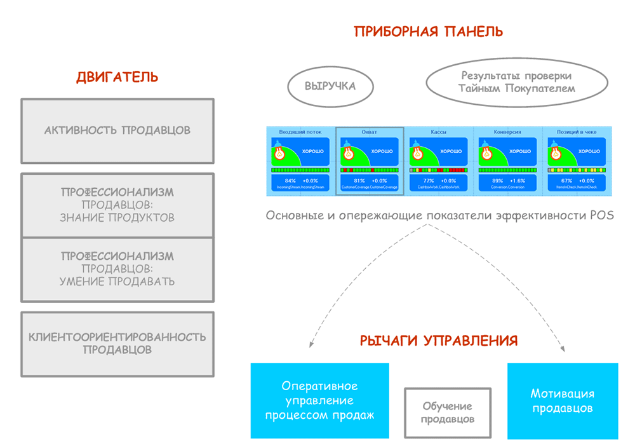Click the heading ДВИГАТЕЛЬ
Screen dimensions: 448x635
(x=117, y=78)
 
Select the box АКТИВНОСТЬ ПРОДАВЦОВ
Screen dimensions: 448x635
(x=117, y=131)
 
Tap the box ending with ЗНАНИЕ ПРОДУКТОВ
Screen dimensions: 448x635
(x=117, y=205)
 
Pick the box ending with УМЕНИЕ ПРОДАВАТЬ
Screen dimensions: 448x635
(x=117, y=269)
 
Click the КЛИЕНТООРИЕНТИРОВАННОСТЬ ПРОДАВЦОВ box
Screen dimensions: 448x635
(x=117, y=343)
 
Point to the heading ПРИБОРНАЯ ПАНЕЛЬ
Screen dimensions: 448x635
(x=429, y=32)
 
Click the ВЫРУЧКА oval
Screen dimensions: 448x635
(x=330, y=86)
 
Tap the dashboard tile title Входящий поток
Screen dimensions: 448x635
(x=300, y=132)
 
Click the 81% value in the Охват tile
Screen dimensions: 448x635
(x=359, y=181)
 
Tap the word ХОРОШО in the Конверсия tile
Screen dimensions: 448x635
(x=520, y=151)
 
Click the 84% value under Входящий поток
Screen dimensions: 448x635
(x=290, y=181)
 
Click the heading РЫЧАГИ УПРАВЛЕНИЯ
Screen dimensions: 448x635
(x=439, y=341)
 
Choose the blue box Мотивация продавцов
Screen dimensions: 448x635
(x=563, y=401)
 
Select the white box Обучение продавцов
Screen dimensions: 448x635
(x=448, y=413)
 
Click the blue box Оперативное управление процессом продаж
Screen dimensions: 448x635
(x=319, y=400)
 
